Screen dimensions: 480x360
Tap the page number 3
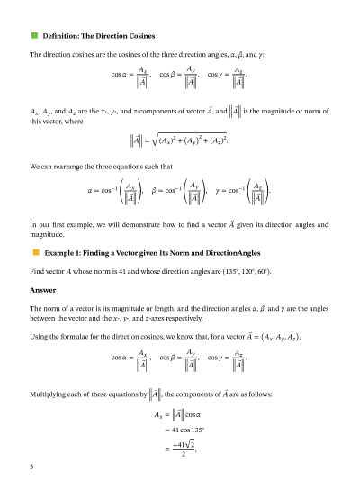pos(31,466)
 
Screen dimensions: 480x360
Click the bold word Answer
pos(43,290)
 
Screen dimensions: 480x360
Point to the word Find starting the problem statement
pos(39,270)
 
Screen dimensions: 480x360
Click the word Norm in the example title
pos(173,253)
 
